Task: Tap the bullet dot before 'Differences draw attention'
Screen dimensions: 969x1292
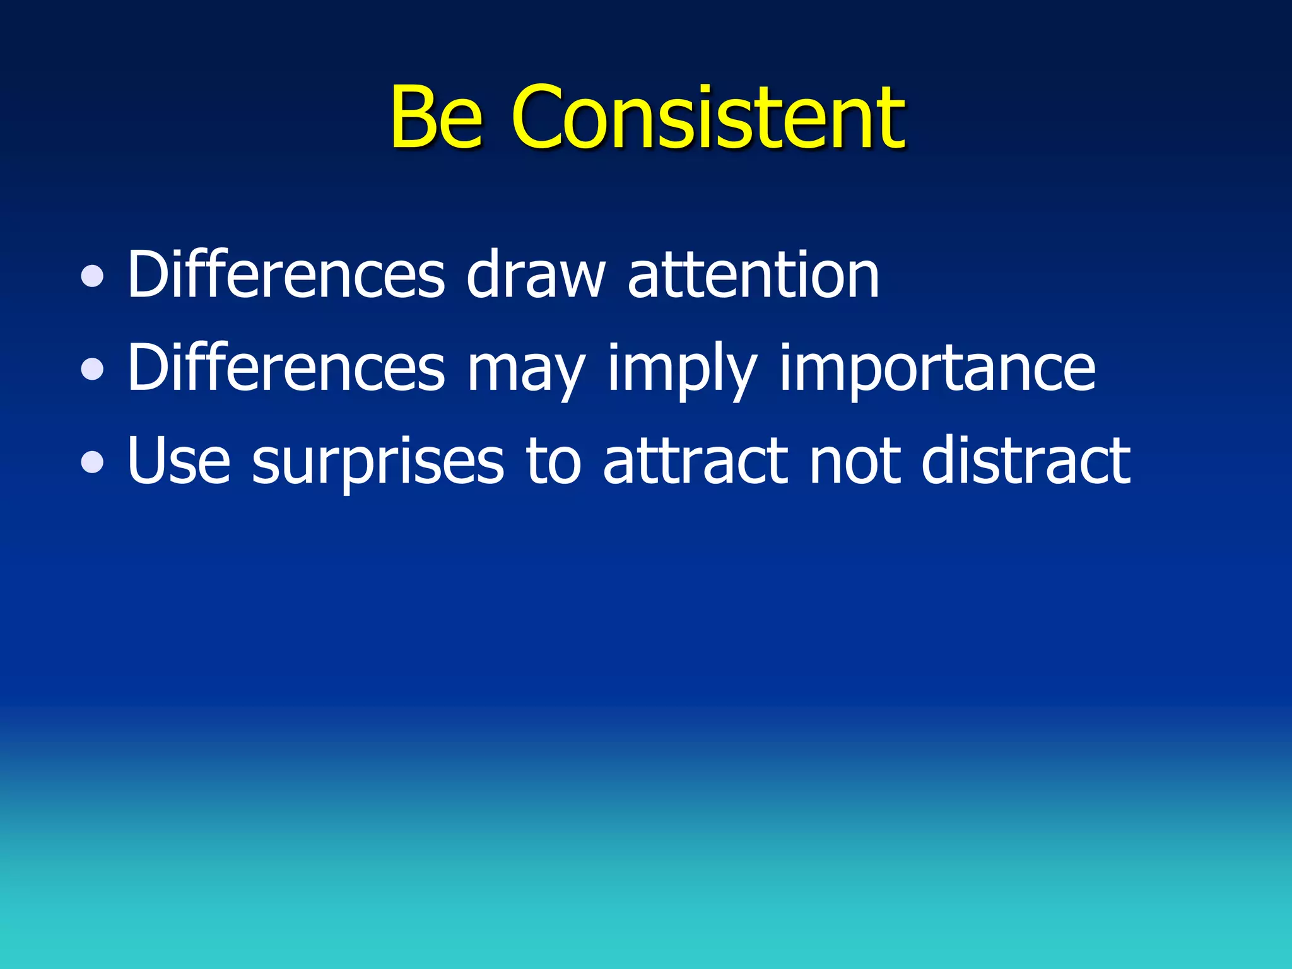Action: pos(93,276)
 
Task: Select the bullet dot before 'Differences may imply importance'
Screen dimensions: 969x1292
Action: pos(93,369)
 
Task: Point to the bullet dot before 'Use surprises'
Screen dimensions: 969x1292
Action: pos(93,462)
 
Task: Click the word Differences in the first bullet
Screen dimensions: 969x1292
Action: pos(286,274)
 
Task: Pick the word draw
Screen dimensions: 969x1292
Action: pos(536,274)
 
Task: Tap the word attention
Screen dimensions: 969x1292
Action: pos(753,274)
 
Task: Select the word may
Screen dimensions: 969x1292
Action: pos(526,372)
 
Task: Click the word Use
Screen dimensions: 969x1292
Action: pos(179,461)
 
